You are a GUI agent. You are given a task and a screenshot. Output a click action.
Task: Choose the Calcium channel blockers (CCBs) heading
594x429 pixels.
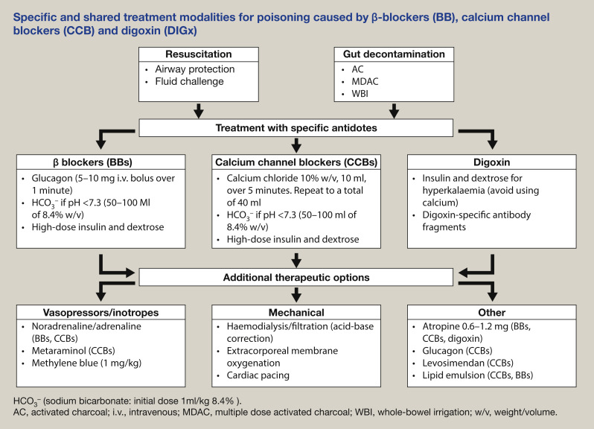coord(296,163)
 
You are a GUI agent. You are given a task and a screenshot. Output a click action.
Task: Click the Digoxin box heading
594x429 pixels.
coord(490,163)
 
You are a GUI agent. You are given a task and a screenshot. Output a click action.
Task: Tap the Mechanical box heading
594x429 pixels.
coord(296,312)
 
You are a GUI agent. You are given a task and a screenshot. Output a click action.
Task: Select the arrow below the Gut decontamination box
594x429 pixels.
coord(393,110)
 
